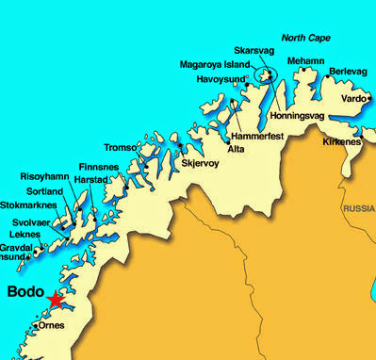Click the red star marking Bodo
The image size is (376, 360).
pyautogui.click(x=56, y=301)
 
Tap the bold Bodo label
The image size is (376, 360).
pyautogui.click(x=25, y=292)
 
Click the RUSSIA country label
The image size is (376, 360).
pyautogui.click(x=358, y=208)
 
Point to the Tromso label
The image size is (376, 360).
pyautogui.click(x=120, y=148)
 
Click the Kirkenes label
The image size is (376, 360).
pyautogui.click(x=340, y=141)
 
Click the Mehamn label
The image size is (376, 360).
pyautogui.click(x=304, y=60)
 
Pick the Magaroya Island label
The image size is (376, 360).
pyautogui.click(x=214, y=65)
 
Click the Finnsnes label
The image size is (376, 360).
pyautogui.click(x=98, y=165)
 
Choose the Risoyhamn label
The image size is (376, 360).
pyautogui.click(x=42, y=176)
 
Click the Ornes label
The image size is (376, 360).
pyautogui.click(x=52, y=326)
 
